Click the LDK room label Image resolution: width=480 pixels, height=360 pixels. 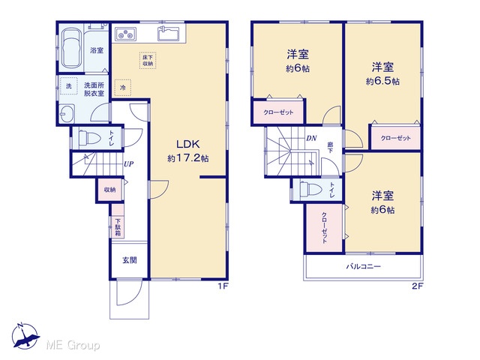point(188,144)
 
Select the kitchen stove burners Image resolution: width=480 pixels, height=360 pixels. point(125,34)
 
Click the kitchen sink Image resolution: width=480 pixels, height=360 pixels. point(168,34)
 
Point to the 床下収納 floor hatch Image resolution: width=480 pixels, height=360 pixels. point(148,60)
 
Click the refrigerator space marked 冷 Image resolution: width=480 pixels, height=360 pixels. point(123,88)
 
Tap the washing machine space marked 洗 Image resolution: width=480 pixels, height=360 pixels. point(69,86)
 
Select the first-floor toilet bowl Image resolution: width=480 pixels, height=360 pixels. point(89,138)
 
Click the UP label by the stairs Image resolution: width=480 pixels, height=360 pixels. point(128,164)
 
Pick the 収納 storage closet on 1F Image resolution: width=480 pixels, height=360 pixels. point(110,190)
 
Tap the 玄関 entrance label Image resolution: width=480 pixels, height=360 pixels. point(130,260)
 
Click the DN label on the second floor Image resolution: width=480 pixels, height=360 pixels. point(311,138)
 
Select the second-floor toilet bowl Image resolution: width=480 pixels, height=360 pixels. point(310,190)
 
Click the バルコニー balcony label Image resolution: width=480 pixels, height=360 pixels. point(363,266)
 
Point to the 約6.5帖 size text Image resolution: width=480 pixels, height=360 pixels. point(382,82)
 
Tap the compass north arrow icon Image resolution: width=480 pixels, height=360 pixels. point(25,336)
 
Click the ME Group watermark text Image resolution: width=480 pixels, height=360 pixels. point(73,346)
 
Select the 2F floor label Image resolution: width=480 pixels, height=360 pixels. point(418,286)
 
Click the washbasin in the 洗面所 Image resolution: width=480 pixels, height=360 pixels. point(67,113)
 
